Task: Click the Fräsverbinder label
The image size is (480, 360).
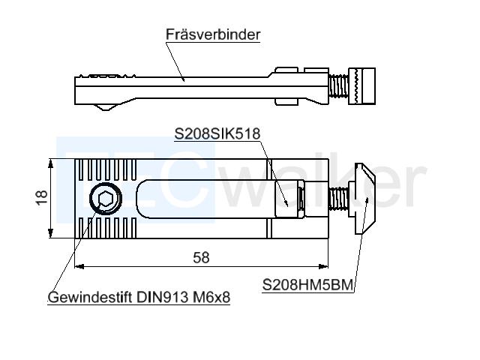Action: (213, 34)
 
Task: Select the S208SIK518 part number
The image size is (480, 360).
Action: (217, 133)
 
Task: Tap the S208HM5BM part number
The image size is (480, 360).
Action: (307, 285)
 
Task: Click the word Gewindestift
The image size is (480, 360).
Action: (90, 297)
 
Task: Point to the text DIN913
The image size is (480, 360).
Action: (162, 297)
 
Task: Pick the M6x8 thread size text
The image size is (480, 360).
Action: (211, 297)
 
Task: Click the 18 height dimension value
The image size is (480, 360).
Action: (41, 197)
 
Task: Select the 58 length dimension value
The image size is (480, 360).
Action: (201, 258)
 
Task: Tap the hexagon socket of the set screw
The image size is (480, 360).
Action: (106, 199)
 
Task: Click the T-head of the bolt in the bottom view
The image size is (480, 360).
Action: (364, 199)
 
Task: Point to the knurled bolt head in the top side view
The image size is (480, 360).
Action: (362, 86)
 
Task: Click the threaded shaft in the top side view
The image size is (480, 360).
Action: (338, 86)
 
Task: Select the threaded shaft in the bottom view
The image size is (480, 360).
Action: (338, 199)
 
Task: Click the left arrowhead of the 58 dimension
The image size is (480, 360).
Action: (79, 267)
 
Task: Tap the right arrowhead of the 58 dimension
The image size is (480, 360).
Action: (323, 267)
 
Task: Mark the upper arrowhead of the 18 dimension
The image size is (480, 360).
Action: (51, 163)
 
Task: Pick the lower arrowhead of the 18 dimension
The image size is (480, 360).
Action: (51, 233)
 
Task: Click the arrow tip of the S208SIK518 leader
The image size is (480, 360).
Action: (287, 205)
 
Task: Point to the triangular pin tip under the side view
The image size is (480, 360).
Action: (106, 107)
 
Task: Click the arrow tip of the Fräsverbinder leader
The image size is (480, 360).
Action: (184, 81)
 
